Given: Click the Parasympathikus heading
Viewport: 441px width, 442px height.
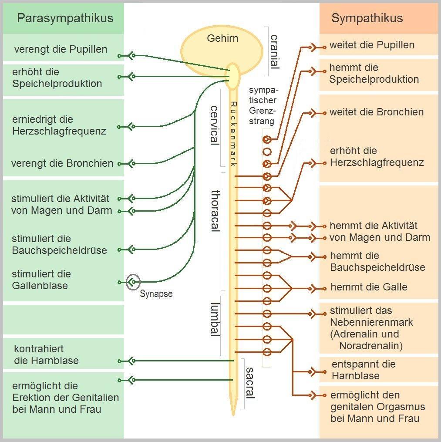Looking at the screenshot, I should (65, 18).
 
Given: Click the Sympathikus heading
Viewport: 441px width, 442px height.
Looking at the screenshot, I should (367, 18).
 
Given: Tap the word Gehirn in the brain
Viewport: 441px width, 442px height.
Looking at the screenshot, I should (222, 38).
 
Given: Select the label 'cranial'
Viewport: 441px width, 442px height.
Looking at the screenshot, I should (274, 52).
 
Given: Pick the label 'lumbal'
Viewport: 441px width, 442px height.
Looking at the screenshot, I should (215, 320).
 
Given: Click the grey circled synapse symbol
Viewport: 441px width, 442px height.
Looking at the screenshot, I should (133, 282).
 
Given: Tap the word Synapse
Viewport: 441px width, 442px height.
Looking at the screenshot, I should (156, 294).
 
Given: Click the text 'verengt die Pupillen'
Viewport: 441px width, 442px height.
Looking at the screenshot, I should (61, 49).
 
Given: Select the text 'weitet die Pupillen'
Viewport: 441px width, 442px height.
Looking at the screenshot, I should (372, 45).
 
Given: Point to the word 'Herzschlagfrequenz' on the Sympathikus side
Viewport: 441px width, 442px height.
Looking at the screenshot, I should (377, 162).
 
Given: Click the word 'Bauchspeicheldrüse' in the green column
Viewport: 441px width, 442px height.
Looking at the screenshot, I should (59, 250).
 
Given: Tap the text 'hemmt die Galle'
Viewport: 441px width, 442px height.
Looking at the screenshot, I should (369, 287).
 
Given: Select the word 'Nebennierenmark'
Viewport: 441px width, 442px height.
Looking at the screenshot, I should (371, 323).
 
